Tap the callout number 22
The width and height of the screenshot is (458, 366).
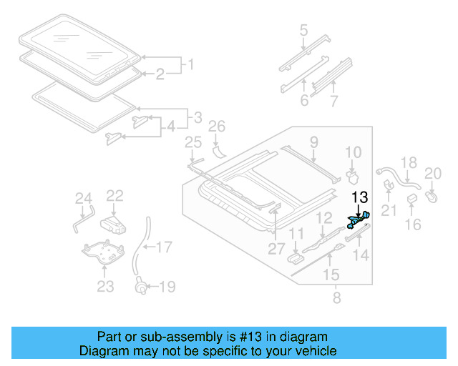coord(115,195)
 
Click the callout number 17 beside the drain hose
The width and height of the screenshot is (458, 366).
coord(164,248)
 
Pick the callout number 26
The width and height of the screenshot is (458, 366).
coord(216,128)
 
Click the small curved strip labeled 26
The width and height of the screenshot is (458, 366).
coord(218,151)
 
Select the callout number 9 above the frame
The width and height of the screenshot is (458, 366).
coord(313,144)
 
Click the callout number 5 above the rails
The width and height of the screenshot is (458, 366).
coord(303,31)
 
